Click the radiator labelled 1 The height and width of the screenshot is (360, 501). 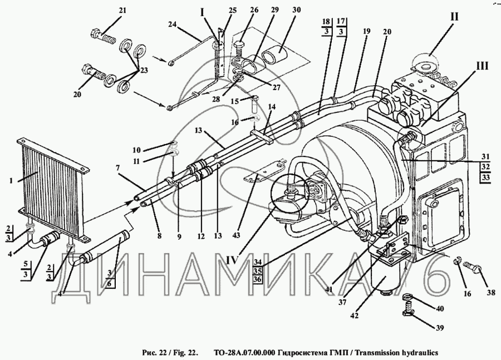click(53, 186)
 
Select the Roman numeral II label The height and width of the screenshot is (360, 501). click(454, 17)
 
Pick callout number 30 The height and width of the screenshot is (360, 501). click(295, 10)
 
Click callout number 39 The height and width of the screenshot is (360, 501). click(440, 328)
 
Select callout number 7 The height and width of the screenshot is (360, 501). click(117, 167)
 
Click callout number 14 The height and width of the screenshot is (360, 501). click(272, 106)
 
